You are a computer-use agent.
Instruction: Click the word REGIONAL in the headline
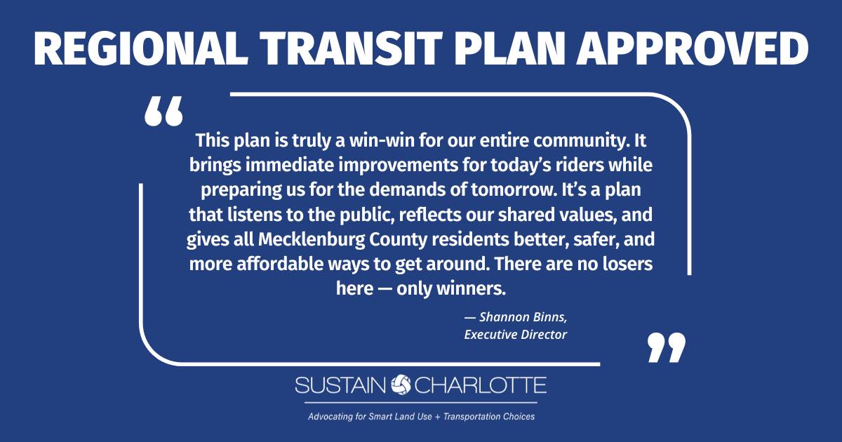click(x=140, y=49)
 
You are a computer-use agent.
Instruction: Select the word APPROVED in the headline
click(x=693, y=49)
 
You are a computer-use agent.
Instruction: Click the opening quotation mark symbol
click(x=164, y=111)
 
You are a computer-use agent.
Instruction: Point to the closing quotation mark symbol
click(x=667, y=347)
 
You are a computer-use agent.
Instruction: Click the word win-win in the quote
click(x=382, y=140)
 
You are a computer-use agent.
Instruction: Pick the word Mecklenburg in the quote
click(x=312, y=240)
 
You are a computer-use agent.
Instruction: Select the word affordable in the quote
click(x=280, y=264)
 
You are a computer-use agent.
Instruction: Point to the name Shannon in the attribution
click(x=499, y=317)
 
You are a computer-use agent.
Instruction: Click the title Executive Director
click(x=515, y=335)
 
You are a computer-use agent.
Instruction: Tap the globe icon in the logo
click(x=401, y=385)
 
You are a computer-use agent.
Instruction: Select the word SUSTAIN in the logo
click(x=340, y=385)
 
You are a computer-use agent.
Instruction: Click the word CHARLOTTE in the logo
click(x=481, y=385)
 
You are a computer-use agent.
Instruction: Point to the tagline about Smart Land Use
click(x=421, y=417)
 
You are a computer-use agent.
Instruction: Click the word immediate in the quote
click(x=289, y=165)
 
